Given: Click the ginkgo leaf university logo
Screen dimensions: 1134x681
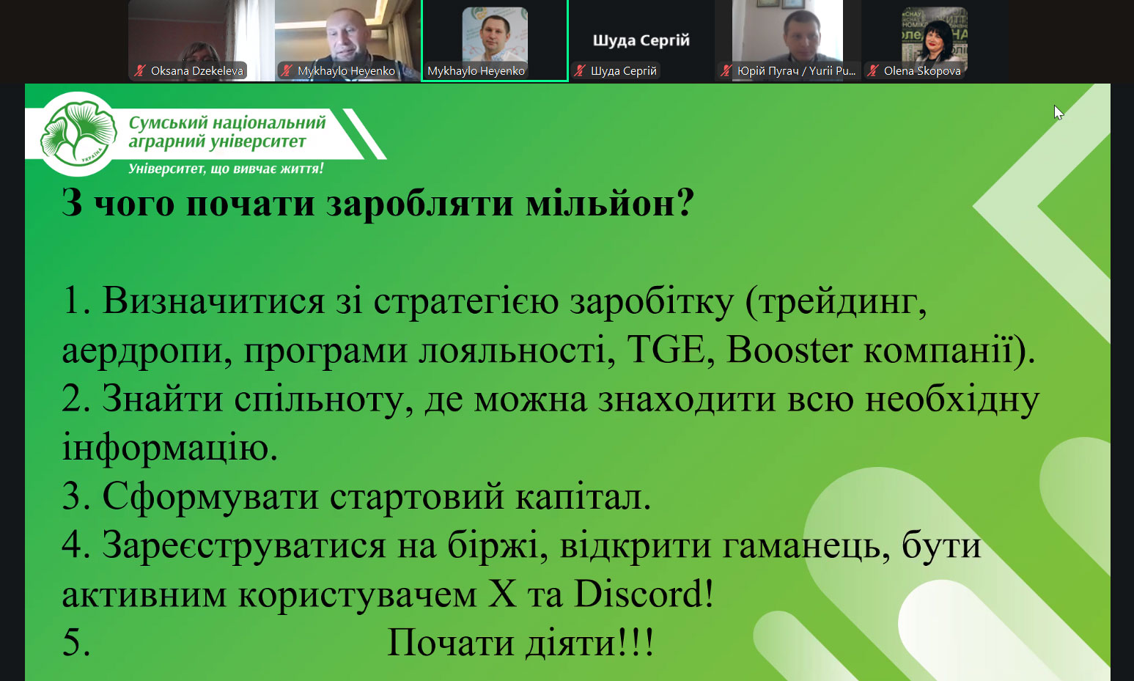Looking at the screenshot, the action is pos(78,133).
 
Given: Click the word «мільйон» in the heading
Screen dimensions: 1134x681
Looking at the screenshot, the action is pos(602,204).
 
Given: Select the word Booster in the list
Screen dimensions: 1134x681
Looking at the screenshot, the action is pos(789,350).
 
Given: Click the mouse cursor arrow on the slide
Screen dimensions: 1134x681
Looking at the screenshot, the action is pos(1058,113).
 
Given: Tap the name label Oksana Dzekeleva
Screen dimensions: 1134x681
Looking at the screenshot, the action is pos(197,71).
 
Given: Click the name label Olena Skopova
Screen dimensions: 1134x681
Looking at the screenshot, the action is pos(922,71).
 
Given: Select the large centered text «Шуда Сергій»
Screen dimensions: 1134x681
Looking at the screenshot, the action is pos(641,40).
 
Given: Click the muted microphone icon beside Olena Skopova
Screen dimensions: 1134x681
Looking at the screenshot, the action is pos(873,71).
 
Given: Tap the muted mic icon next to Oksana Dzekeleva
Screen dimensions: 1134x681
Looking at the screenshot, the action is pos(140,71).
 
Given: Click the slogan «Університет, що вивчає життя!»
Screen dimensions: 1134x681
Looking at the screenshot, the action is pos(226,168).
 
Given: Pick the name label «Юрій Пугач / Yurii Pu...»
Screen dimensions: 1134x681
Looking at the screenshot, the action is pos(796,71).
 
